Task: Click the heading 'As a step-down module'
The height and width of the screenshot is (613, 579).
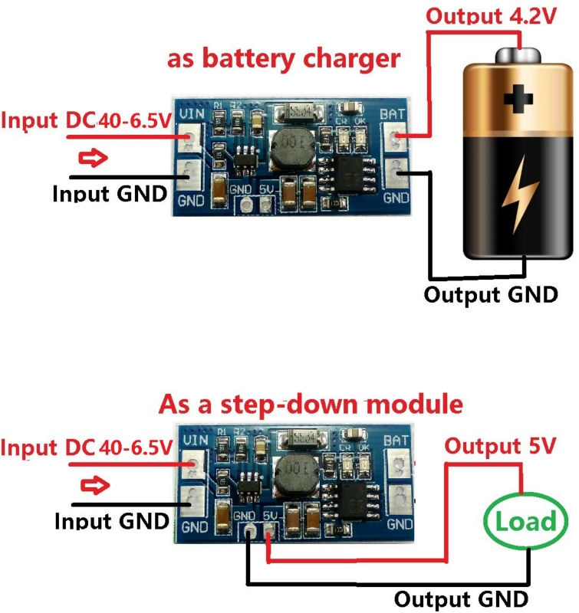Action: click(311, 404)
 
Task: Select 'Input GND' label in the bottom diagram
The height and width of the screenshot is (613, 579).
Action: click(112, 521)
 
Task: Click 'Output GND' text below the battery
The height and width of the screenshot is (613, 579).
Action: click(491, 294)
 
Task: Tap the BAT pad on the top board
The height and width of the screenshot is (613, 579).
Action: click(396, 139)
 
